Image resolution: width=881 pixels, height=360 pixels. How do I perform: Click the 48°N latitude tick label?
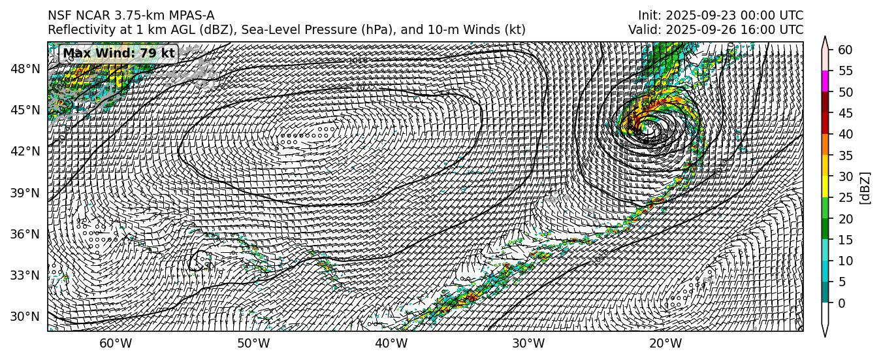click(26, 69)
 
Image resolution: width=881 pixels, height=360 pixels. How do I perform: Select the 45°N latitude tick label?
click(26, 110)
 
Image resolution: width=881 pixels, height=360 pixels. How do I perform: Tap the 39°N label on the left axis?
click(26, 193)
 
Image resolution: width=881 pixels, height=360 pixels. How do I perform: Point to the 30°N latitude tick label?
click(26, 317)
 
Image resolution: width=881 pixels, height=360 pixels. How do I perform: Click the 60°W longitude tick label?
click(116, 344)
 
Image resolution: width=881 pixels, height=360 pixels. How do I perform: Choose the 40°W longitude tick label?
click(391, 344)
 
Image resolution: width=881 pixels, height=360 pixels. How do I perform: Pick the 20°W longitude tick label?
click(666, 344)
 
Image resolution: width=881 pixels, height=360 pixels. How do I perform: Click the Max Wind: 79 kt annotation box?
click(118, 53)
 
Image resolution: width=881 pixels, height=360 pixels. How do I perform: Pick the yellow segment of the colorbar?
click(826, 187)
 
